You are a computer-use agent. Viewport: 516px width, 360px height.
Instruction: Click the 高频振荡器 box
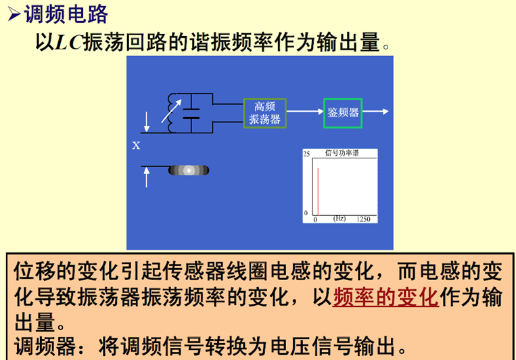265,113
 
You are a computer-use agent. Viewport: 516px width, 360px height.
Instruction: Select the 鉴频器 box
342,113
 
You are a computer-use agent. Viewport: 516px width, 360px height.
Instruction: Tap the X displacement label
136,145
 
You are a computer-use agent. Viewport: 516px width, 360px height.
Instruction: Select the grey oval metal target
189,170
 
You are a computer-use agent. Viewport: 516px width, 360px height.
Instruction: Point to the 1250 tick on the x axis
363,219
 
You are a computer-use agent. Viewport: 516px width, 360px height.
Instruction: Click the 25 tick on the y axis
306,155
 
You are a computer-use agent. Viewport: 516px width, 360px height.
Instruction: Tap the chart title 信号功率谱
342,153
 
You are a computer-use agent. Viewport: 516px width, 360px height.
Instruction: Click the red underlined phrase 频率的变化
385,296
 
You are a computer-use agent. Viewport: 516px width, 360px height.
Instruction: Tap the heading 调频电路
66,13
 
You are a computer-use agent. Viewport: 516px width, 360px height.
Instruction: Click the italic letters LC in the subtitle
67,42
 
